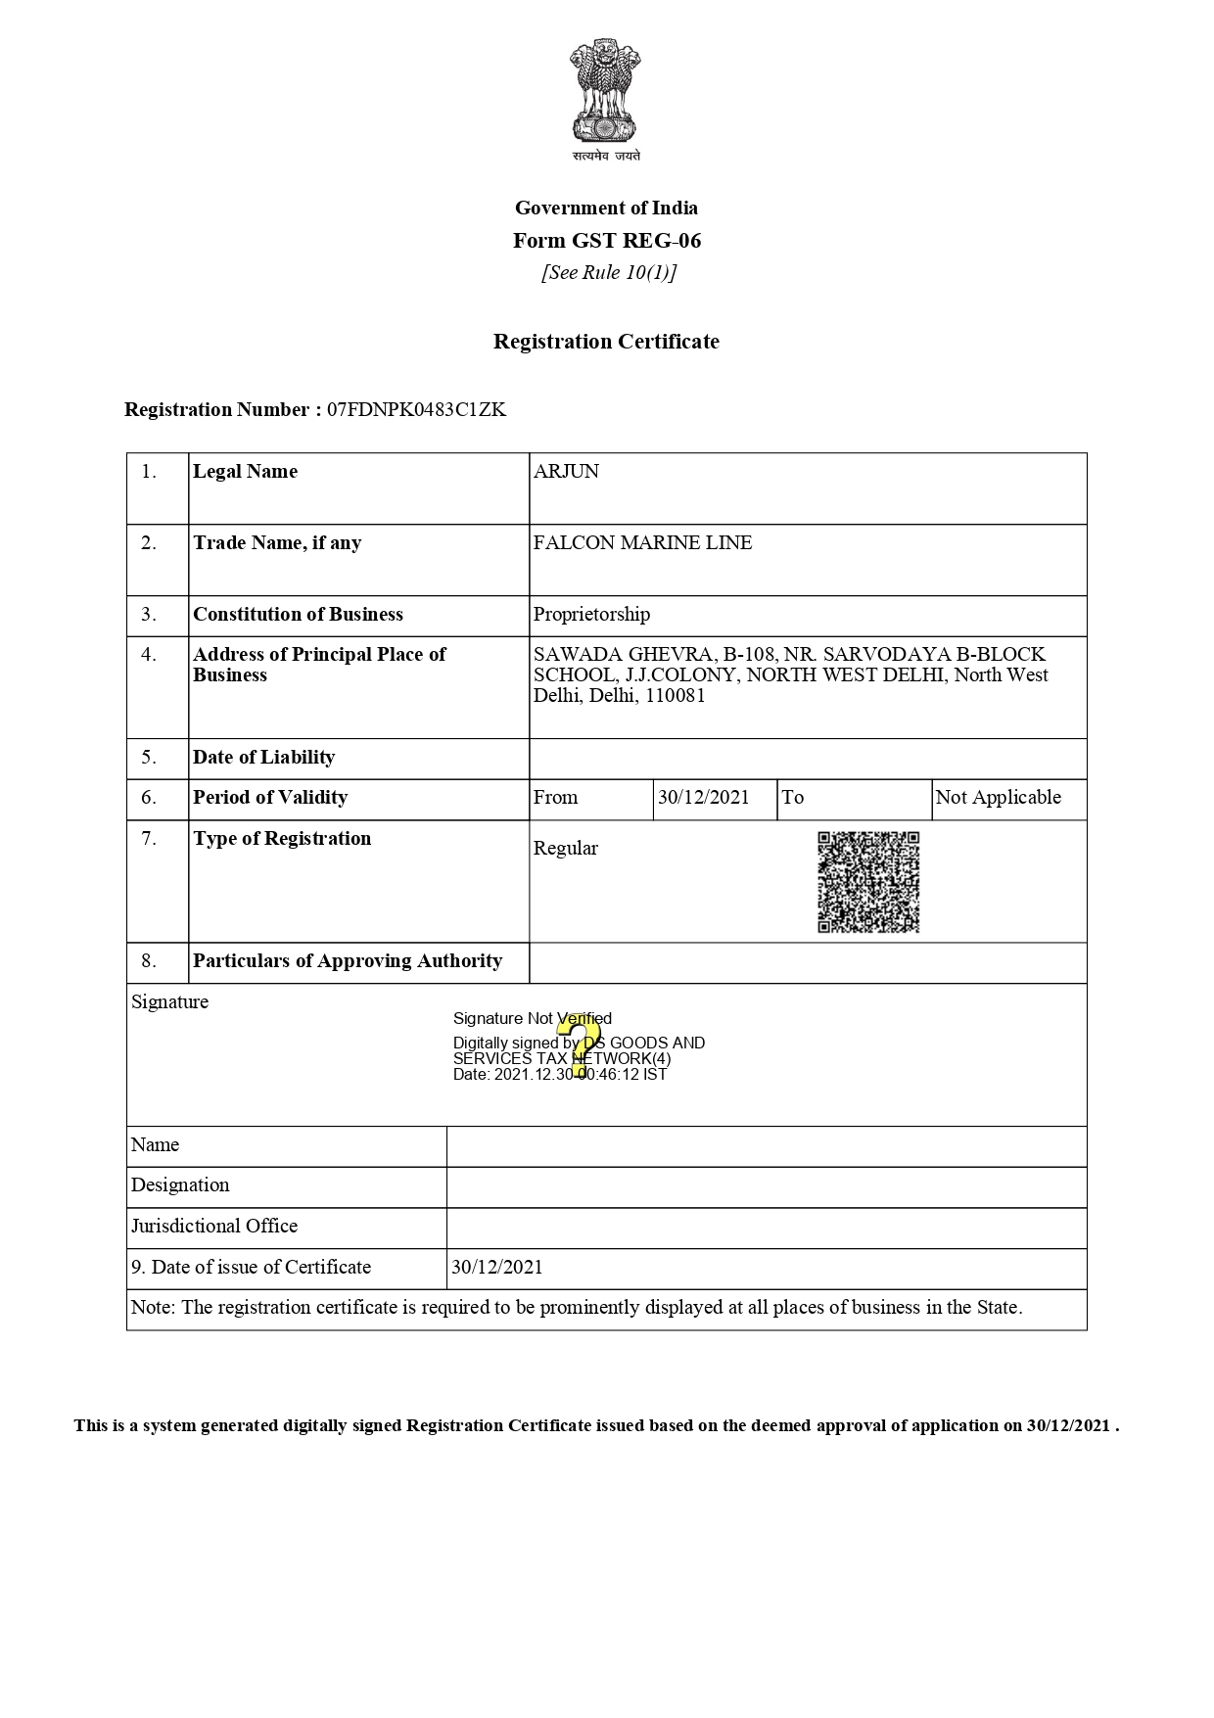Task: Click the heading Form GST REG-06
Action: coord(607,241)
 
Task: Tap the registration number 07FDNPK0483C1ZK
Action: coord(416,410)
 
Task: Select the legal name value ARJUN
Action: coord(566,472)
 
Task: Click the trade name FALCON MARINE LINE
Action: coord(642,543)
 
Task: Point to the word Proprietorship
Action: coord(591,615)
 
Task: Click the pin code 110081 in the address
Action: coord(675,696)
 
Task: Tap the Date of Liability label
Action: coord(263,758)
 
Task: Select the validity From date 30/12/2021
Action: coord(703,798)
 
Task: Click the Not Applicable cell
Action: coord(998,798)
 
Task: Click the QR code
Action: coord(868,882)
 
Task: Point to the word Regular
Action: coord(565,849)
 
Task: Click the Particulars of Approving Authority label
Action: coord(348,961)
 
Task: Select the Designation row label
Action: coord(180,1185)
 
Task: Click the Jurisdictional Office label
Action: coord(214,1227)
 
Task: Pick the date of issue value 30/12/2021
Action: coord(496,1268)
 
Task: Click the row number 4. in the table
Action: coord(149,655)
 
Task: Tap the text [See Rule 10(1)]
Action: coord(609,273)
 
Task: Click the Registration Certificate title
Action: coord(606,342)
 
